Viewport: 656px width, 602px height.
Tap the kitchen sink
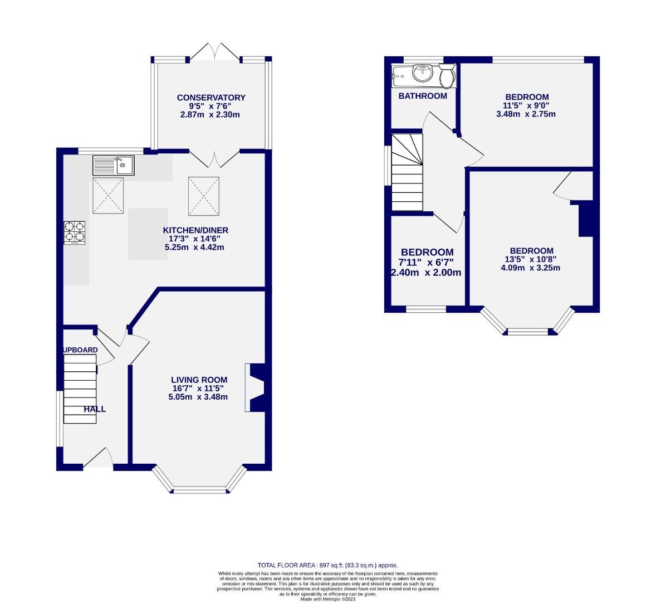click(x=113, y=165)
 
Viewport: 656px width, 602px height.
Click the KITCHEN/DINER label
click(x=195, y=230)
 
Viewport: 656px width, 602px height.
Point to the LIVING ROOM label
click(x=199, y=380)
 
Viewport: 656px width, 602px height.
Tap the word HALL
click(x=95, y=409)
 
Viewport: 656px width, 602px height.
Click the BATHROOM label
click(x=423, y=96)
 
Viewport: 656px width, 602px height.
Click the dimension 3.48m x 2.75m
click(x=526, y=114)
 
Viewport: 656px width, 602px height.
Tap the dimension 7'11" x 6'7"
click(x=427, y=263)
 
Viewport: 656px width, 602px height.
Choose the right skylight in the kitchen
click(x=204, y=196)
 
